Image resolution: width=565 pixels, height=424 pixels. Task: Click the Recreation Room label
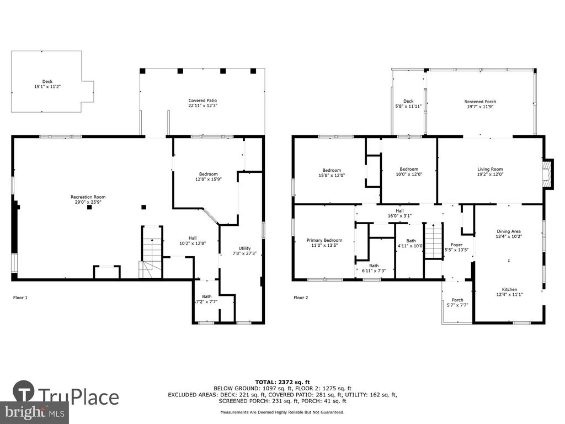pyautogui.click(x=88, y=197)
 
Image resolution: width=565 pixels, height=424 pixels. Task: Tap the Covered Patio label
pyautogui.click(x=202, y=100)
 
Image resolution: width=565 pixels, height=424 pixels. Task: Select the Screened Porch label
pyautogui.click(x=480, y=102)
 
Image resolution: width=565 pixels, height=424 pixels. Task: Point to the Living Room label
pyautogui.click(x=490, y=169)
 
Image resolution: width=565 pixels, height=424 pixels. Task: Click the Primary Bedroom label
pyautogui.click(x=324, y=241)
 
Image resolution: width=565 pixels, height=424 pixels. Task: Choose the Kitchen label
pyautogui.click(x=509, y=289)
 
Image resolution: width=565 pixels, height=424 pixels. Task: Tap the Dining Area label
pyautogui.click(x=508, y=231)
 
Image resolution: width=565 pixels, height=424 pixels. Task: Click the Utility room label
pyautogui.click(x=244, y=248)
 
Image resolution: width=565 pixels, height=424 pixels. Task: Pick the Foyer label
pyautogui.click(x=456, y=245)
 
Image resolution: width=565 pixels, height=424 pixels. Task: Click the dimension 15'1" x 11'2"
pyautogui.click(x=47, y=87)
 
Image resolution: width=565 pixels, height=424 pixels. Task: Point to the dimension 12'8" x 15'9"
pyautogui.click(x=208, y=179)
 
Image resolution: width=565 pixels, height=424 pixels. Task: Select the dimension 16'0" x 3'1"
pyautogui.click(x=399, y=216)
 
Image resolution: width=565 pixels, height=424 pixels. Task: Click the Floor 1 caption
pyautogui.click(x=20, y=298)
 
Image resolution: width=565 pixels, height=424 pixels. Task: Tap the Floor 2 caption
pyautogui.click(x=301, y=298)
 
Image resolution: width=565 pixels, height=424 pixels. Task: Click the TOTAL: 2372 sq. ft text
pyautogui.click(x=282, y=382)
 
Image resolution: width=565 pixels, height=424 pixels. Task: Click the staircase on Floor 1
pyautogui.click(x=151, y=252)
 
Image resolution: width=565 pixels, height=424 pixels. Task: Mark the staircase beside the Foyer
pyautogui.click(x=433, y=241)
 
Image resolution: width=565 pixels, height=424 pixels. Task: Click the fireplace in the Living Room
pyautogui.click(x=547, y=174)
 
